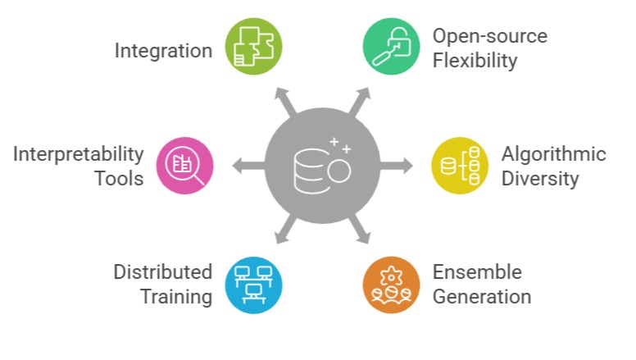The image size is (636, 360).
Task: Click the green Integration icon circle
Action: (x=254, y=47)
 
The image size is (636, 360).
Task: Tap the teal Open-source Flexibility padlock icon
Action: (x=391, y=47)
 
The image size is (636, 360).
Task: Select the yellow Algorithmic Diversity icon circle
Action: (x=460, y=165)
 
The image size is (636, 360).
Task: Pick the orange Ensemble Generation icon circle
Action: (x=391, y=284)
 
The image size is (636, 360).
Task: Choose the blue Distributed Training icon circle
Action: (x=254, y=284)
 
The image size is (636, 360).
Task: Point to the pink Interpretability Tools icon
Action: (x=185, y=165)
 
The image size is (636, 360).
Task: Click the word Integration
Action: (x=163, y=51)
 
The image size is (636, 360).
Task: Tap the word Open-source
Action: (x=490, y=36)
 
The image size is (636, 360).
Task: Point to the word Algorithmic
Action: (x=554, y=154)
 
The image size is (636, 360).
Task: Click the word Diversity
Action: (x=539, y=178)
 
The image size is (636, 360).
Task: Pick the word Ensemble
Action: (x=477, y=272)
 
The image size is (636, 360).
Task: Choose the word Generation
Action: (x=482, y=296)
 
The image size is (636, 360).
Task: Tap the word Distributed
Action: (x=163, y=272)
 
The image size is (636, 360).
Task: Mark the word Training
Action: (x=176, y=296)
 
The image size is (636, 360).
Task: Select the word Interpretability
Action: (x=79, y=154)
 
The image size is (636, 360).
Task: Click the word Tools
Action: (x=120, y=178)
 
